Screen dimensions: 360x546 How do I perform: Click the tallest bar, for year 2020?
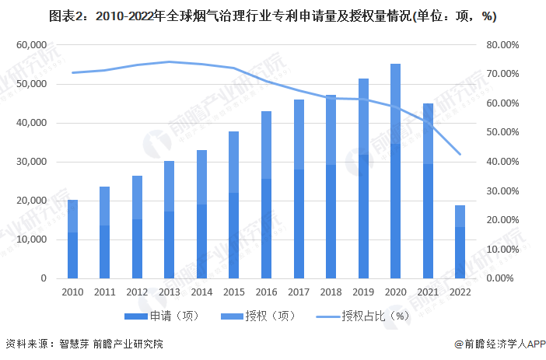395,171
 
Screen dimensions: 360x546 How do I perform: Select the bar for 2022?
460,242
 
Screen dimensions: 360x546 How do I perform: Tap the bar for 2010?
73,239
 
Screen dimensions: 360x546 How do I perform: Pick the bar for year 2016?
266,194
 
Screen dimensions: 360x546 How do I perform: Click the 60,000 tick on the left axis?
32,45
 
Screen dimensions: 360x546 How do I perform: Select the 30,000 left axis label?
32,162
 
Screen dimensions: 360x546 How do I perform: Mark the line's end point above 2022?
460,154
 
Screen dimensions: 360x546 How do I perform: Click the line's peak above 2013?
170,61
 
